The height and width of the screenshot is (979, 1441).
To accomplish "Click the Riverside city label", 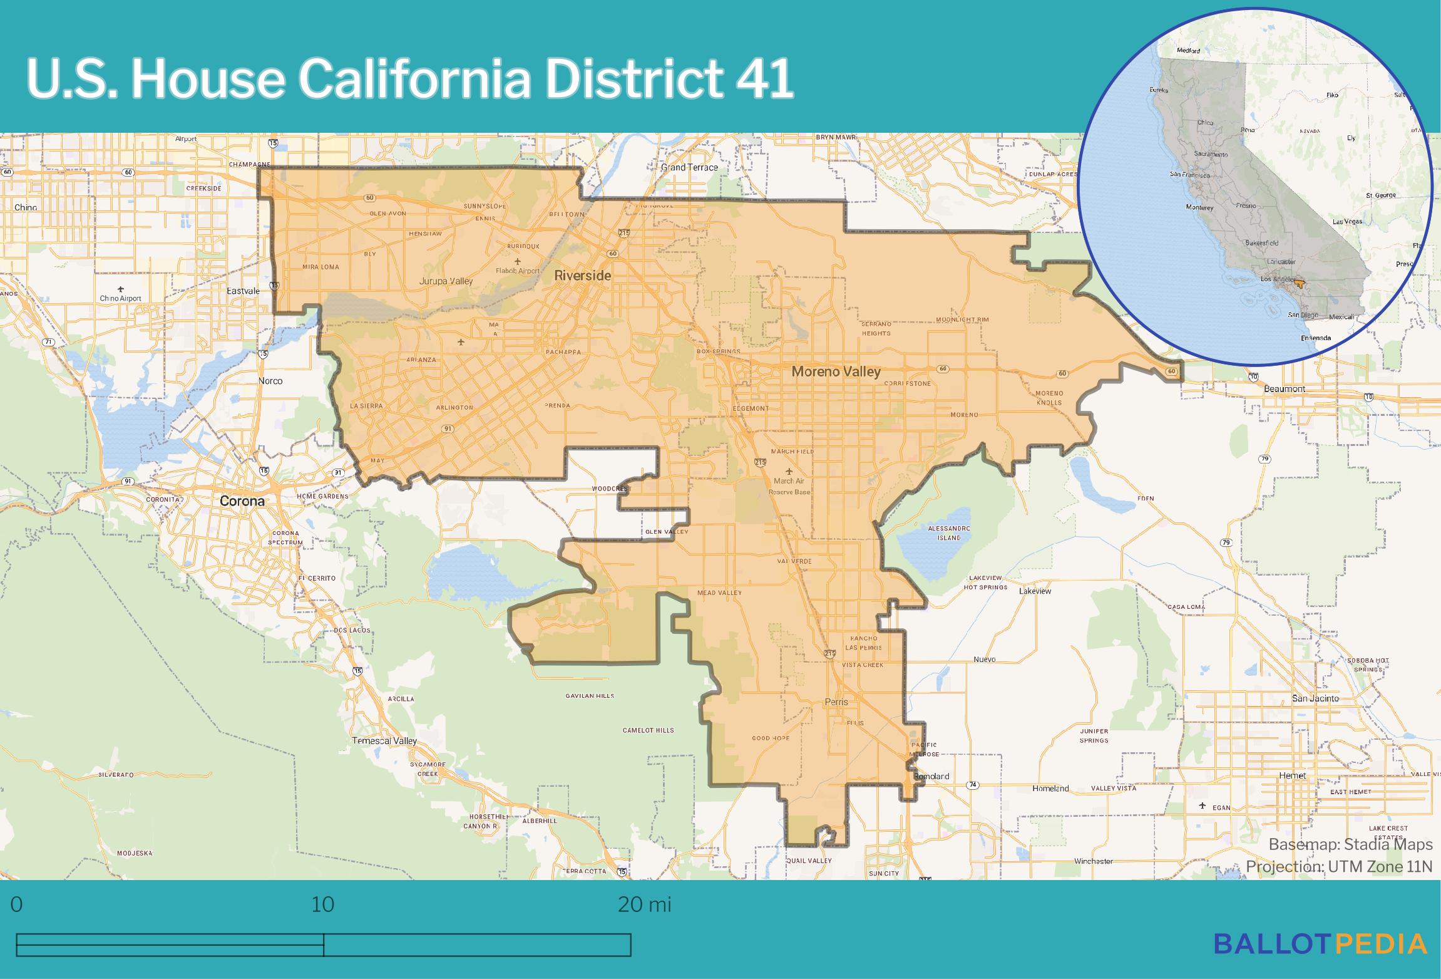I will click(582, 276).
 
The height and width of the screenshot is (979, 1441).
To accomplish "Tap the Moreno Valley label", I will click(836, 371).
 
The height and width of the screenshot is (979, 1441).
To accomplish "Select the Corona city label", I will click(242, 501).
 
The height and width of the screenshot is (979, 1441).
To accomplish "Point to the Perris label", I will click(836, 702).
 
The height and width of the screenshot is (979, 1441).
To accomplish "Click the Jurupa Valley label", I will click(446, 281).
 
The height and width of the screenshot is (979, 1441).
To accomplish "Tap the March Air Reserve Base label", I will click(789, 486).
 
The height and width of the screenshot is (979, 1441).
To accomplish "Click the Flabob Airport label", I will click(517, 271).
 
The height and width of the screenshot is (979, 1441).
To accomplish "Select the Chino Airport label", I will click(120, 298).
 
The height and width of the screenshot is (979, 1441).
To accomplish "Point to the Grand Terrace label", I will click(689, 167).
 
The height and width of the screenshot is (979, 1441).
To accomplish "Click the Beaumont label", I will click(1285, 388).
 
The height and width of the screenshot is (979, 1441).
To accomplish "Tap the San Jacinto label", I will click(1315, 698).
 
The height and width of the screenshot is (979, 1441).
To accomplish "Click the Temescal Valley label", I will click(384, 740).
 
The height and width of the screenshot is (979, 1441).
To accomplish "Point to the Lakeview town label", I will click(1035, 591).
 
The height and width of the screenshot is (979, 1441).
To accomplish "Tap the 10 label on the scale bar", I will click(322, 904).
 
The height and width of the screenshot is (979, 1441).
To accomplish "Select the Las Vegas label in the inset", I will click(1347, 222).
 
